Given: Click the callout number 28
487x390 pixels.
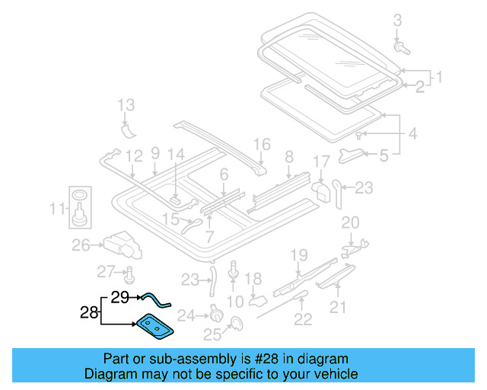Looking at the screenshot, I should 89,312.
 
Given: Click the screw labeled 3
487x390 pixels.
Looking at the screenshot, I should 401,48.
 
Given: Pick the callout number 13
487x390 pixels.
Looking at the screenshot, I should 126,104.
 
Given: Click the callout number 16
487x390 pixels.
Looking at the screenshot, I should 262,144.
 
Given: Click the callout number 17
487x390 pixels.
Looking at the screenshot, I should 321,161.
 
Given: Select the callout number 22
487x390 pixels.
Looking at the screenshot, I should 303,319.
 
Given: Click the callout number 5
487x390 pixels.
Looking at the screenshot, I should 384,156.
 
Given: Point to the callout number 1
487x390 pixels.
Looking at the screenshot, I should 438,77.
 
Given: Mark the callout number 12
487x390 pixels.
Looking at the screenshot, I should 134,157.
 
